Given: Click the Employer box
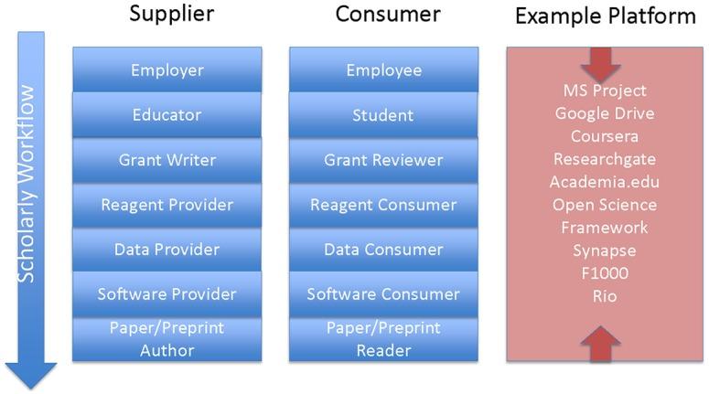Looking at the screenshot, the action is tap(167, 70).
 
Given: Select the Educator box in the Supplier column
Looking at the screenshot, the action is tap(167, 115).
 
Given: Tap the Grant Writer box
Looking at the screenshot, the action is tap(167, 160).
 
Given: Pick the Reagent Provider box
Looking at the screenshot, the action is tap(167, 205).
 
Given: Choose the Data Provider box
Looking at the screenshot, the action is tap(167, 250).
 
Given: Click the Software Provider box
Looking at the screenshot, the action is tap(167, 293).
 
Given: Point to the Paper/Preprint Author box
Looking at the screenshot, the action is tap(167, 338).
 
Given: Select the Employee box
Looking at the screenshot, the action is tap(383, 70).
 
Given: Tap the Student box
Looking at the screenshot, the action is tap(383, 115).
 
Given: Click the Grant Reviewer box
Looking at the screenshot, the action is tap(383, 160).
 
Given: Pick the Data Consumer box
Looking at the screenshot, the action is tap(383, 250).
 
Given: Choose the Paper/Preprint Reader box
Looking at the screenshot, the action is tap(383, 338).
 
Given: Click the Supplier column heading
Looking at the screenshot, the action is tap(171, 14).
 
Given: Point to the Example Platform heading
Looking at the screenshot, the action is tap(605, 16).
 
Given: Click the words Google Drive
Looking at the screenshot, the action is tap(604, 113).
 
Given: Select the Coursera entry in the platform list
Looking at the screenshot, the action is tap(604, 136).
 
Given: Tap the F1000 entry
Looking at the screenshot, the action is tap(604, 273).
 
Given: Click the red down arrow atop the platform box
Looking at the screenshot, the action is tap(600, 63).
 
